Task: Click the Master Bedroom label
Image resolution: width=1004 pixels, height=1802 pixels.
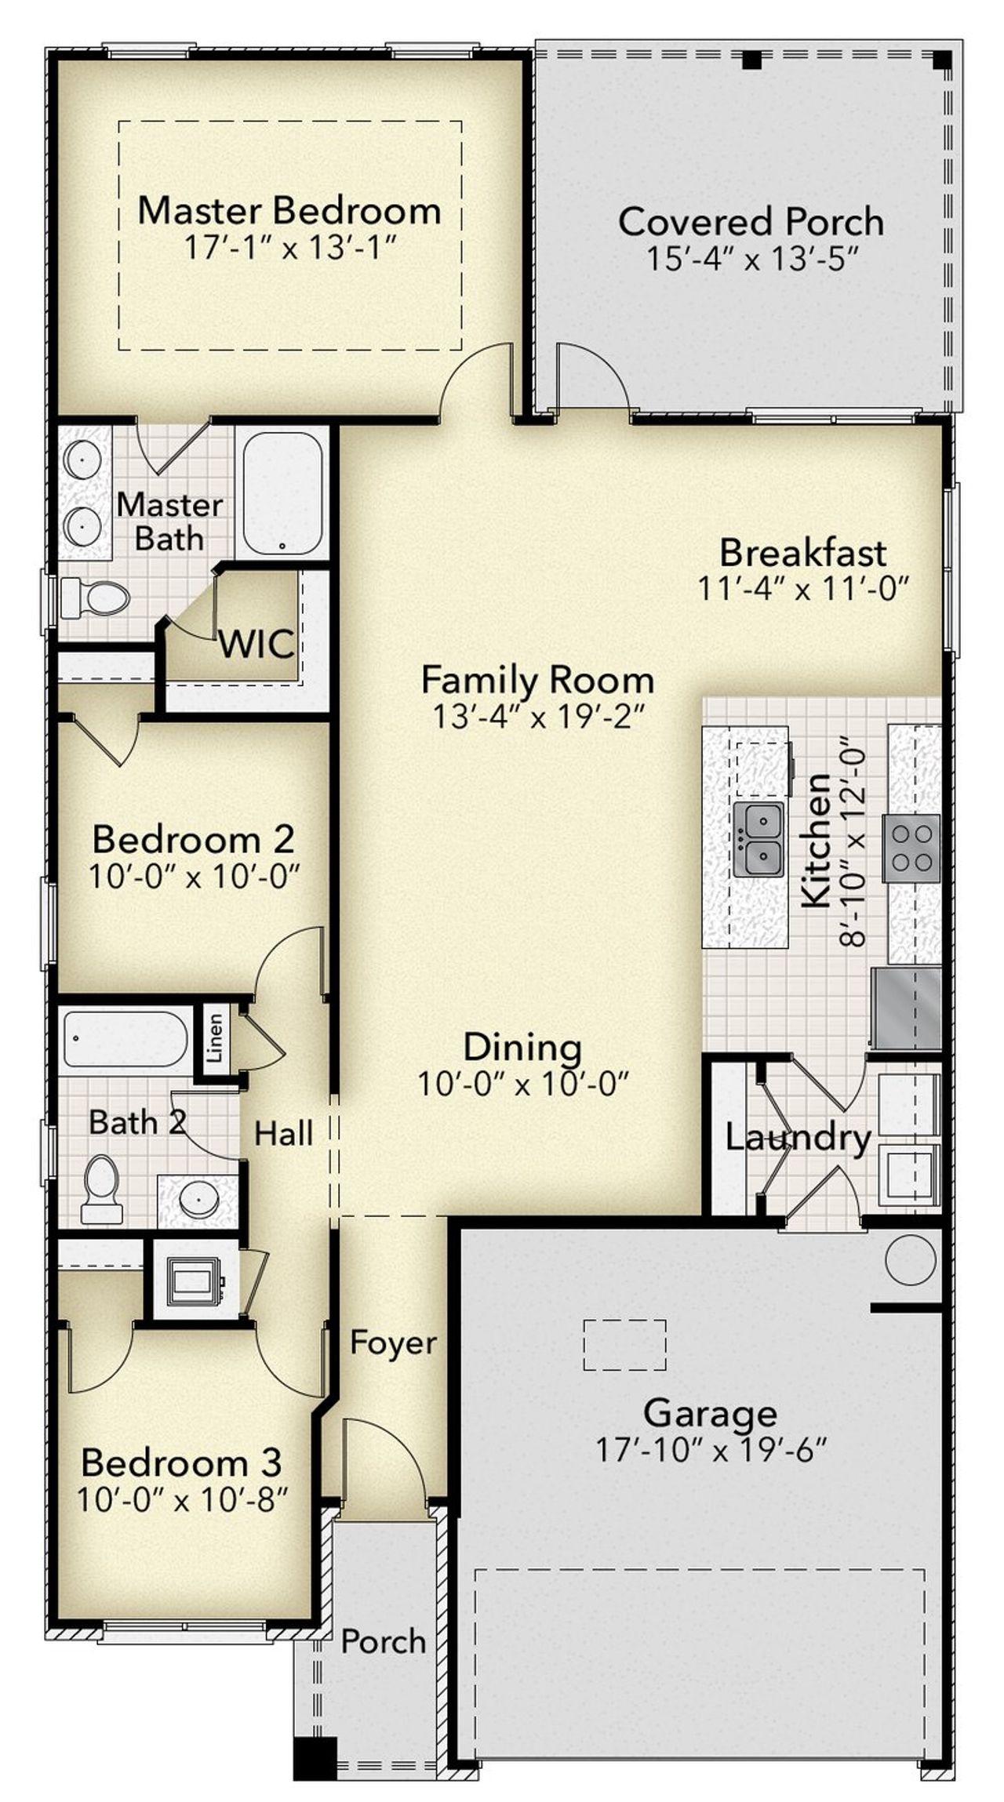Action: [x=289, y=210]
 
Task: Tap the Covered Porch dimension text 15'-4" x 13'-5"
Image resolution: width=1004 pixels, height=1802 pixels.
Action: [x=751, y=258]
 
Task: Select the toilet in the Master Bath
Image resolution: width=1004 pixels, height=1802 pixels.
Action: [x=95, y=598]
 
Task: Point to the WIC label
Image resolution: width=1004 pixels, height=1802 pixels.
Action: [x=256, y=644]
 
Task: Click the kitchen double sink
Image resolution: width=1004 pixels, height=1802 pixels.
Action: [x=758, y=837]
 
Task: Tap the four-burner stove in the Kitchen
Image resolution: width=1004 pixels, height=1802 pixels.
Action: [x=912, y=848]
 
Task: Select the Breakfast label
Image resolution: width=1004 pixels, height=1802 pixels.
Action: [x=803, y=553]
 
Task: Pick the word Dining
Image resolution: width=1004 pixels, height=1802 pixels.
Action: [x=523, y=1048]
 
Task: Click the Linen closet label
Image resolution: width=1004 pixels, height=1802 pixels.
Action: [x=214, y=1037]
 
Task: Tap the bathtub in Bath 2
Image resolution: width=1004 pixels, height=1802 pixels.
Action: [x=125, y=1038]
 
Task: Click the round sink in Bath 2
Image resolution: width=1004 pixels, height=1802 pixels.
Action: [x=198, y=1197]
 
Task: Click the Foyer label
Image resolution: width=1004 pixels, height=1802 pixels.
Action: [x=394, y=1342]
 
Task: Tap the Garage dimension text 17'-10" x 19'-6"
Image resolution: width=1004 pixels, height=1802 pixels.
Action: [x=711, y=1450]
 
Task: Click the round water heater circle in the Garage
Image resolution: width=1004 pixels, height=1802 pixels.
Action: [x=911, y=1259]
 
